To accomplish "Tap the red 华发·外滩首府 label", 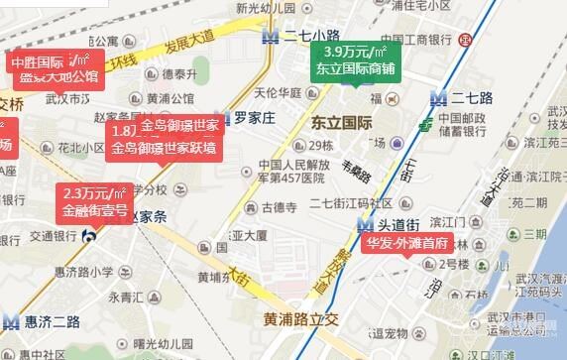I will click(x=405, y=243).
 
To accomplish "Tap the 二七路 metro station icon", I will click(x=438, y=98).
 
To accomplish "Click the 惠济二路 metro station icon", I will click(x=11, y=320).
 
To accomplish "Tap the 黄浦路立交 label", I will click(x=300, y=319).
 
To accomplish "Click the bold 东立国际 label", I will click(x=341, y=123).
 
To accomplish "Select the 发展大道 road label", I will click(x=190, y=46).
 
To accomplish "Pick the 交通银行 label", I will click(x=53, y=236).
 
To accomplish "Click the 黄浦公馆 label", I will click(x=170, y=98).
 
